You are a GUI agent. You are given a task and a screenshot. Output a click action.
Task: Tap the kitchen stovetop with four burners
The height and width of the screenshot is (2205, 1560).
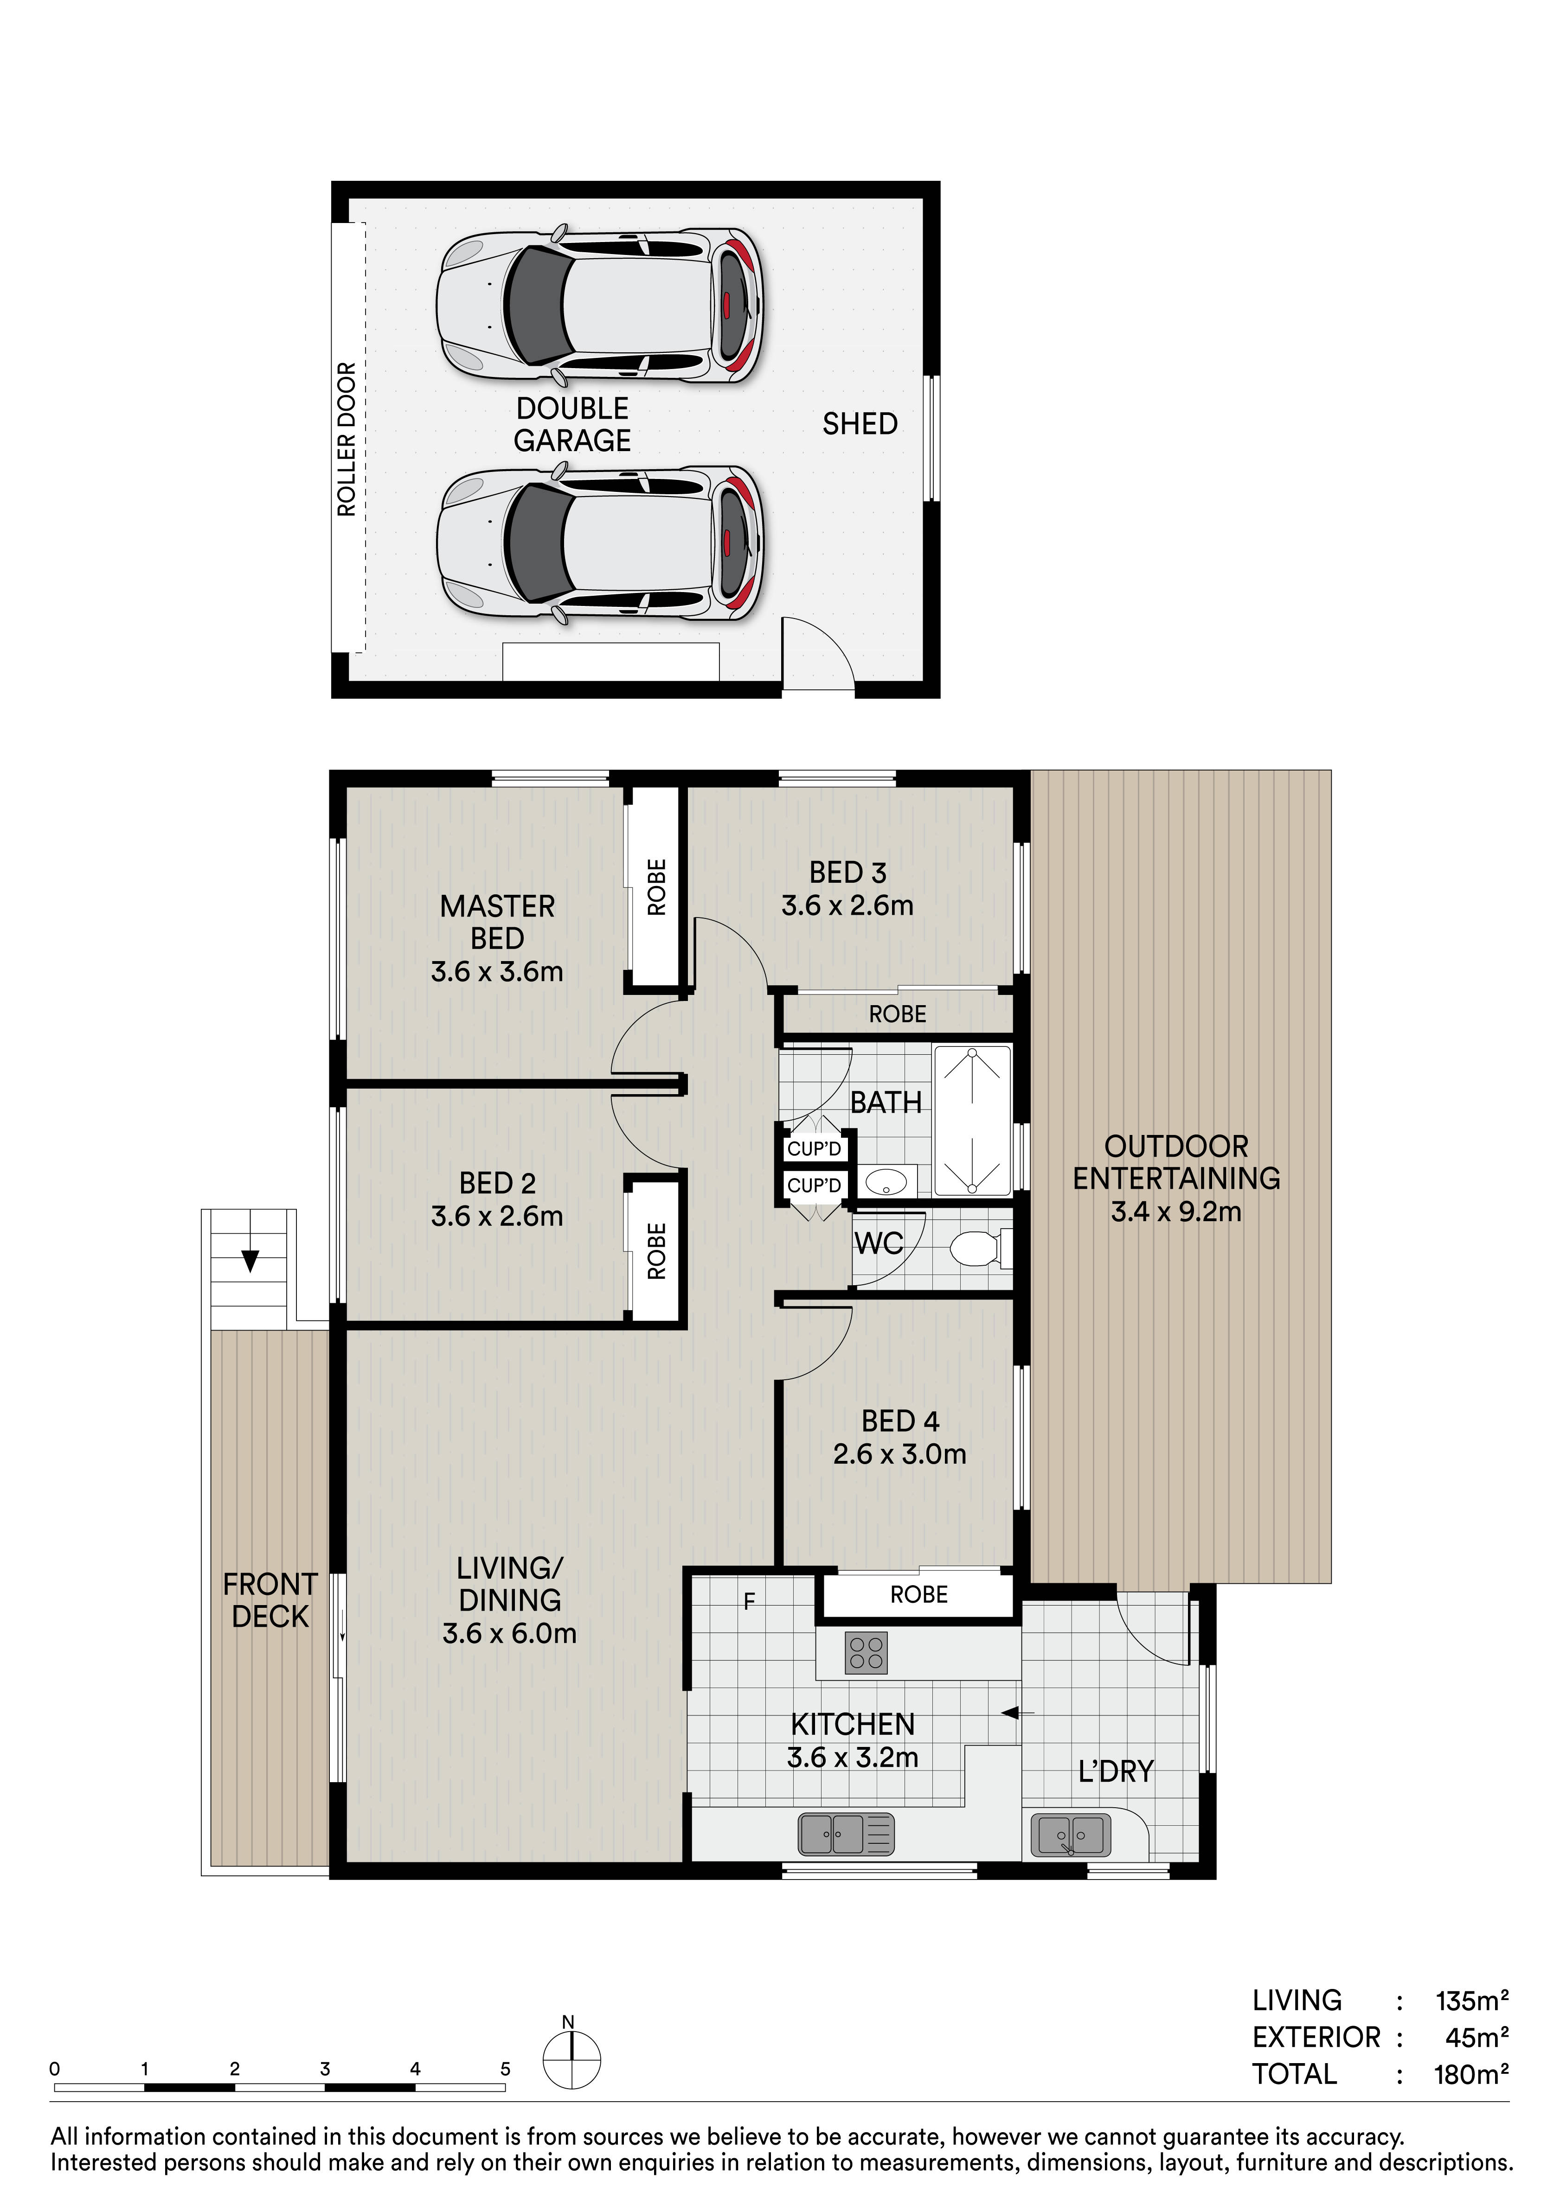867,1653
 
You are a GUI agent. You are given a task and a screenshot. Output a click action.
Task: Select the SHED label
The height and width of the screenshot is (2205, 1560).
860,424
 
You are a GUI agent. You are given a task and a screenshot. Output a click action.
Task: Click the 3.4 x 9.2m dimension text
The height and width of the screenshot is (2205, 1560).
1176,1212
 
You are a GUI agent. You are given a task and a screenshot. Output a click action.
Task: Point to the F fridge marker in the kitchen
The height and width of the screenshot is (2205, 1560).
749,1601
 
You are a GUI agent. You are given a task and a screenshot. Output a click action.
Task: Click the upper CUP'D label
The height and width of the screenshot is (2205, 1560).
814,1148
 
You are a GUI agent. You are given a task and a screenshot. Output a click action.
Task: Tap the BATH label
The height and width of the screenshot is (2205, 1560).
886,1102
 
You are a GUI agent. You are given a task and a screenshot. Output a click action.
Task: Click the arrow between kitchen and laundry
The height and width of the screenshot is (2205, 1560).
1017,1712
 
